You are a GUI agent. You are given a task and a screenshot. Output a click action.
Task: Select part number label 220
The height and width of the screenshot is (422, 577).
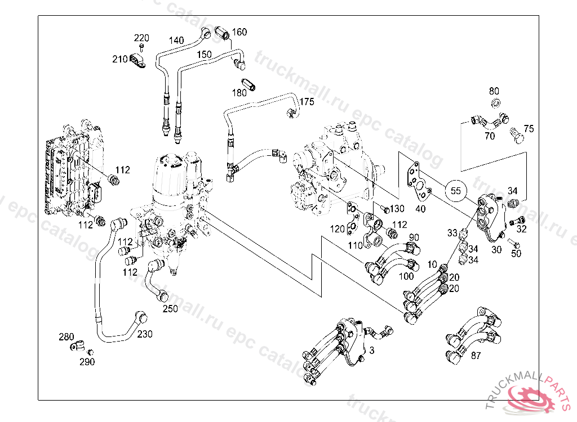click(141, 38)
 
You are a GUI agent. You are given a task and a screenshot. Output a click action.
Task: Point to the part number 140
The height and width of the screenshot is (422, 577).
click(176, 41)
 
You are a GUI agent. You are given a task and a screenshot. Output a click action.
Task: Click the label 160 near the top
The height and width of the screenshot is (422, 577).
click(239, 32)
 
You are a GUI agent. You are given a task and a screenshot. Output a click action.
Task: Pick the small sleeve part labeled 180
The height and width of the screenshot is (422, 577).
click(252, 86)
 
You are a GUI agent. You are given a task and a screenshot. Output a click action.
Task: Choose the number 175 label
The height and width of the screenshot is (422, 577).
click(307, 102)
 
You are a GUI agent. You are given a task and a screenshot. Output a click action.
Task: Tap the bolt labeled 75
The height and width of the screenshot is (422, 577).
click(514, 134)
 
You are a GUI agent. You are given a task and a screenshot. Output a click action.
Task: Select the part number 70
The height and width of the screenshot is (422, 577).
click(490, 136)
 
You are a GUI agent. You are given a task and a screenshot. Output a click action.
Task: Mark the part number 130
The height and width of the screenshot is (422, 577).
click(398, 209)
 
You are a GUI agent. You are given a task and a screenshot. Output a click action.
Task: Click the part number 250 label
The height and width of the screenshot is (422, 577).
click(170, 309)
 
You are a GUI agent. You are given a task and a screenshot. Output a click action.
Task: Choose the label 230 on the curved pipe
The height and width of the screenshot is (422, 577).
click(145, 334)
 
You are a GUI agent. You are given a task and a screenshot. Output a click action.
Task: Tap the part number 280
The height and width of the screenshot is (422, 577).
click(66, 337)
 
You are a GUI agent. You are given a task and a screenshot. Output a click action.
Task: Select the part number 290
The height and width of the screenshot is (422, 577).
click(87, 362)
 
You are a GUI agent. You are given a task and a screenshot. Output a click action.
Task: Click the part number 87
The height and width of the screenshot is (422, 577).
click(476, 355)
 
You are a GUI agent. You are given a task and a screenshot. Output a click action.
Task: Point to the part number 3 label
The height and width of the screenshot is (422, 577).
click(371, 350)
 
